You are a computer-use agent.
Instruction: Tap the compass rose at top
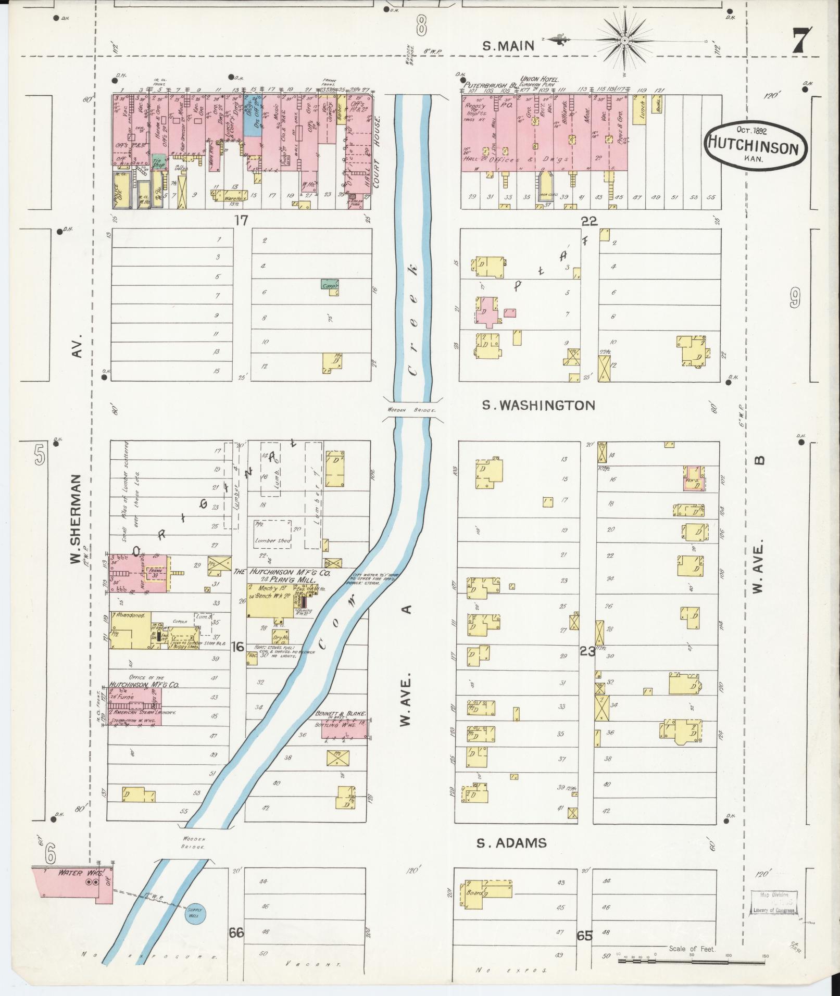pyautogui.click(x=624, y=41)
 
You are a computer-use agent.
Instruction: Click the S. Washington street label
pyautogui.click(x=538, y=405)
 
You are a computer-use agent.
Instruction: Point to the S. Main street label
pyautogui.click(x=508, y=46)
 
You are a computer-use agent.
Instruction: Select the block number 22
pyautogui.click(x=589, y=222)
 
